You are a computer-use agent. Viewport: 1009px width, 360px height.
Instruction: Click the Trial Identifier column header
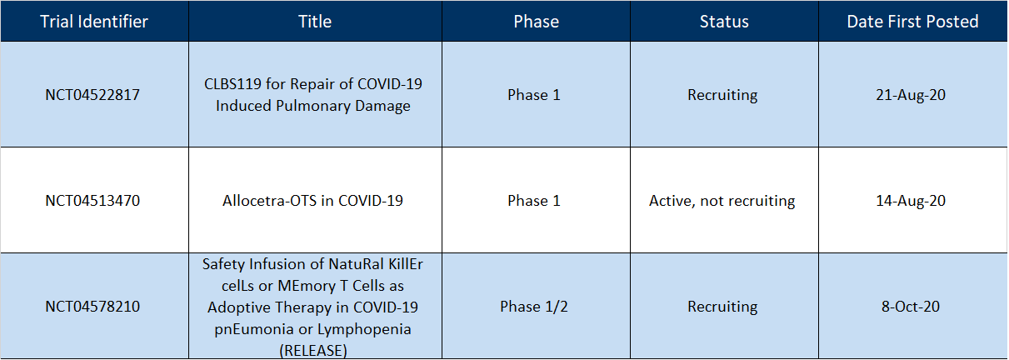coord(94,21)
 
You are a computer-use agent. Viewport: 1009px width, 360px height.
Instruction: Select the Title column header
coord(315,21)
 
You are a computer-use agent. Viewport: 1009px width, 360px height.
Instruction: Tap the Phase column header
coord(536,21)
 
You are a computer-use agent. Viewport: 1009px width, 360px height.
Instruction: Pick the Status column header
coord(724,21)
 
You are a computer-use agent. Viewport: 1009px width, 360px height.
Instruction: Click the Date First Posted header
coord(912,21)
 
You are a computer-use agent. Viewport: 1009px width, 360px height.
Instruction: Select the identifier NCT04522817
coord(92,95)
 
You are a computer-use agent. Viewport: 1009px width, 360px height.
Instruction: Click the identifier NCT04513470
coord(92,201)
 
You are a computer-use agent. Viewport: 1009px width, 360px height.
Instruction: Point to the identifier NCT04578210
coord(92,307)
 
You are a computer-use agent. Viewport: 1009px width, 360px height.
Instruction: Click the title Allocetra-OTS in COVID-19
coord(312,201)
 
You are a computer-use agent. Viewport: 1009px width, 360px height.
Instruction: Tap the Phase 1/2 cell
coord(534,307)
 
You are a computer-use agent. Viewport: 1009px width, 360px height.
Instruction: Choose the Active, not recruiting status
coord(722,201)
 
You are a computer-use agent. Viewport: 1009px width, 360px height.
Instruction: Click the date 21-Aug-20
coord(911,95)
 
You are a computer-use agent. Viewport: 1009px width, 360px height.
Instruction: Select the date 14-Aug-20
coord(911,201)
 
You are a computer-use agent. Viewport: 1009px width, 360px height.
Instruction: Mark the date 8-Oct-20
coord(911,307)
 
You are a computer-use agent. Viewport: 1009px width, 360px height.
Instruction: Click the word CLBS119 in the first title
coord(232,84)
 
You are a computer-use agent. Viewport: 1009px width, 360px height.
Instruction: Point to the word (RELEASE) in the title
coord(313,351)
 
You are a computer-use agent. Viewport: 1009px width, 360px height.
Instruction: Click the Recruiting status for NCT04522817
coord(722,95)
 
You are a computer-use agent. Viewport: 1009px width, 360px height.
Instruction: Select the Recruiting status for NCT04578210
coord(722,307)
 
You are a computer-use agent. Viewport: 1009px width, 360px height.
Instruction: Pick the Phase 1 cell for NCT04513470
coord(534,201)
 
